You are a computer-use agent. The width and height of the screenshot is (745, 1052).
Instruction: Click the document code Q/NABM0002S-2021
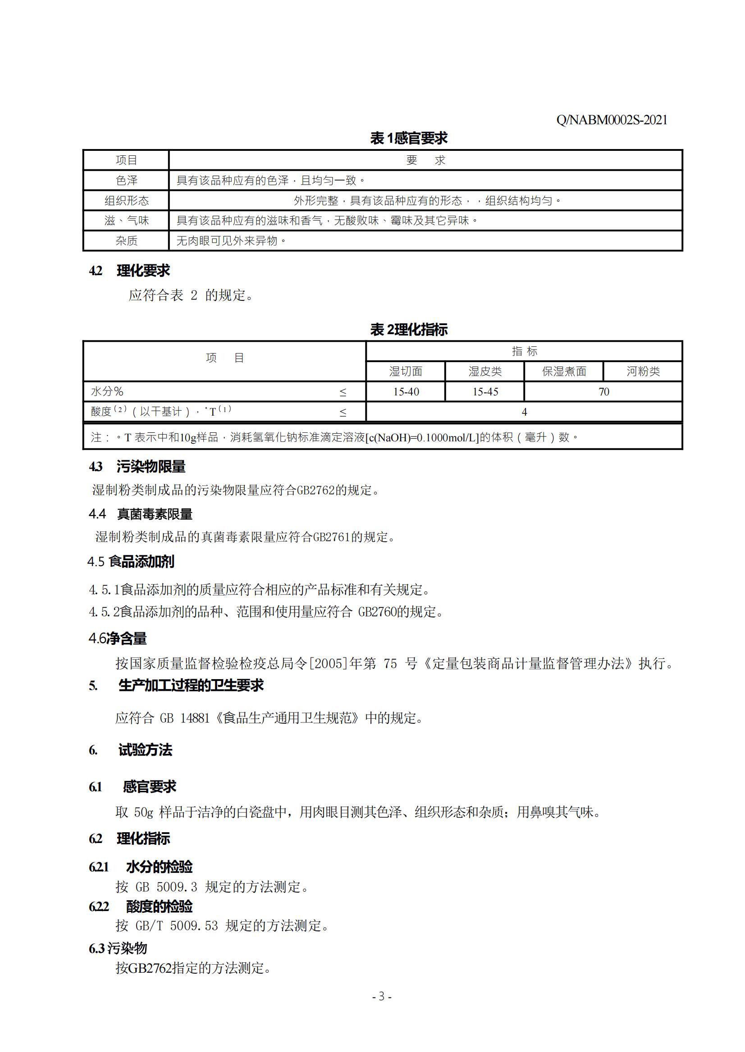tap(612, 120)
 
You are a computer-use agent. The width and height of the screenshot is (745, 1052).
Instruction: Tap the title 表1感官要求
tap(408, 138)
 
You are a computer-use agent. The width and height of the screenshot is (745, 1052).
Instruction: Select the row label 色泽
tap(126, 181)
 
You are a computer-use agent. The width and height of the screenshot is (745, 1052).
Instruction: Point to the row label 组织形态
tap(126, 201)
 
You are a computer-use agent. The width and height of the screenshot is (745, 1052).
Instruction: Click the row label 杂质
tap(126, 240)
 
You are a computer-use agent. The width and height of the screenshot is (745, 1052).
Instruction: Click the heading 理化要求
tap(143, 271)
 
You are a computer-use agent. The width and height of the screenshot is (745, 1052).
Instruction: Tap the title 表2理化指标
tap(408, 330)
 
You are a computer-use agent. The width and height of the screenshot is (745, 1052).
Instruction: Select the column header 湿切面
tap(406, 371)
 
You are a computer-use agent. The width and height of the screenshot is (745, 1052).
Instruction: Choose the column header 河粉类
tap(643, 371)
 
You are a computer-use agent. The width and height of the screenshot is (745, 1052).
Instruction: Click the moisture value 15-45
tap(485, 392)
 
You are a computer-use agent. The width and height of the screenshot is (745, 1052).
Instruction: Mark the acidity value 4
tap(524, 412)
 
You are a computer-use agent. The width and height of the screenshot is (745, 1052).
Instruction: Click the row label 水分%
tap(107, 391)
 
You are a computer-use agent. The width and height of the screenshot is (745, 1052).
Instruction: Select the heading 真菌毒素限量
tap(155, 514)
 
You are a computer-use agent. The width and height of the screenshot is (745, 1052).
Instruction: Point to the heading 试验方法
tap(145, 750)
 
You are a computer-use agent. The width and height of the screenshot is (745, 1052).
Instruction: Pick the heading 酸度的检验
tap(159, 907)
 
